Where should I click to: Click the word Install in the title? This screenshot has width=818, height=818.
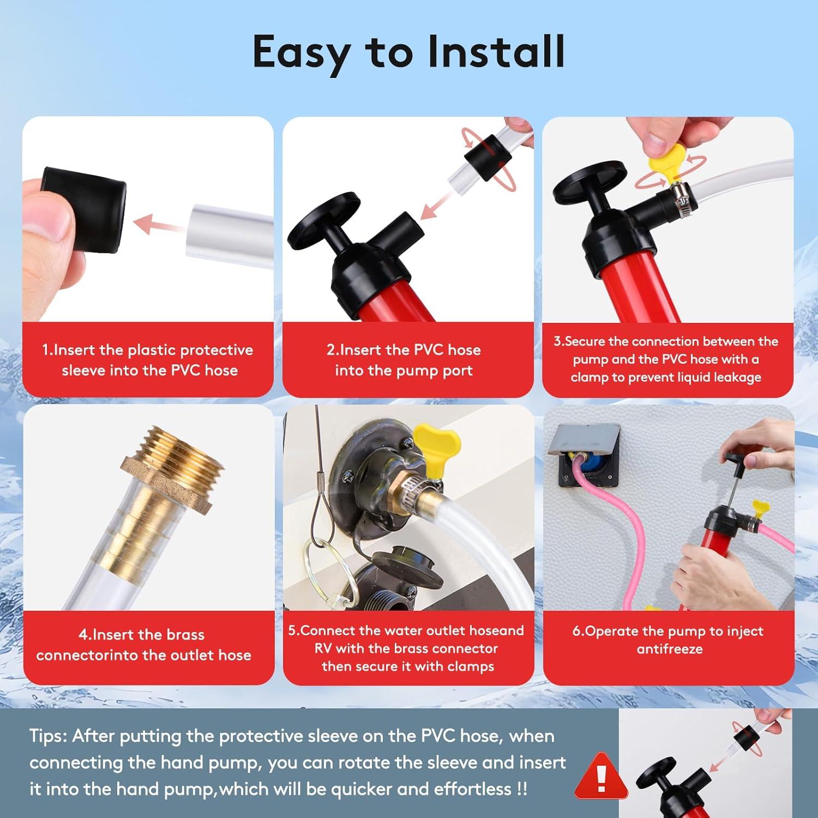click(496, 51)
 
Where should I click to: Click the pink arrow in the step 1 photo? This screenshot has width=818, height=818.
click(159, 224)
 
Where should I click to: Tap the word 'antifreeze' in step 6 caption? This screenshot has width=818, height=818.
click(670, 649)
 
